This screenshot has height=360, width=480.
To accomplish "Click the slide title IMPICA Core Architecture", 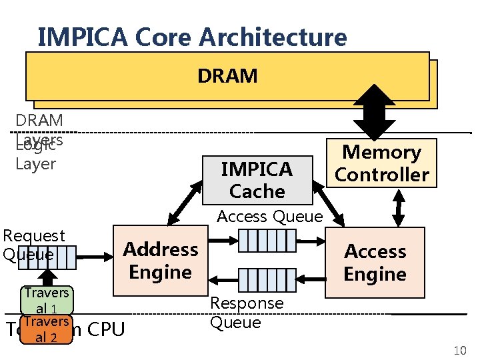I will [x=192, y=37].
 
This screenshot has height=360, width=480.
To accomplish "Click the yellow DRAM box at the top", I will [x=227, y=76].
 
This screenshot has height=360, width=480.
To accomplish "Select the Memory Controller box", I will [x=381, y=163].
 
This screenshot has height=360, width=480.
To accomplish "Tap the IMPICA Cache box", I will [x=257, y=180].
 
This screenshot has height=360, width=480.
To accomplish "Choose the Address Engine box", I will [x=160, y=261].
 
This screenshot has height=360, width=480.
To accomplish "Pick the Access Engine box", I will [x=375, y=263].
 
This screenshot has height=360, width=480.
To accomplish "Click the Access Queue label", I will [x=270, y=217].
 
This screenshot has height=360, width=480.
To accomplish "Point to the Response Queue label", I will [x=247, y=313].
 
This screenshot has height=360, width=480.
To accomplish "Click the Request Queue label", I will [x=34, y=245].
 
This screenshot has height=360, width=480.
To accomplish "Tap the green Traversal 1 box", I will [x=47, y=300].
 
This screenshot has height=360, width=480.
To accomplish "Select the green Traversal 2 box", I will [x=47, y=329].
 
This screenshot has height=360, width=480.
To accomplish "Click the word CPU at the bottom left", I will [x=105, y=329].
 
